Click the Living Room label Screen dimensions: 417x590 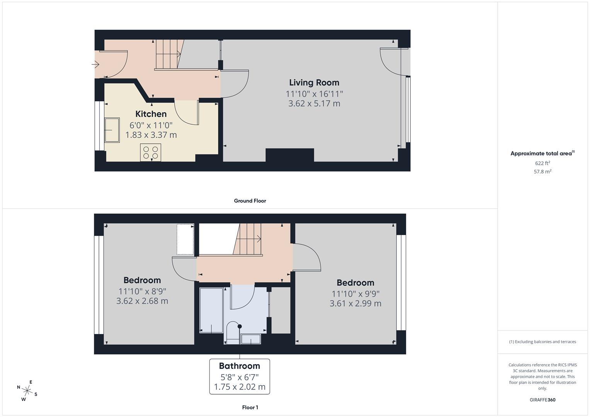pos(314,83)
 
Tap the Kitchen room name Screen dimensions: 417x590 pos(151,114)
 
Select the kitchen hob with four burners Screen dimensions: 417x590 pos(151,152)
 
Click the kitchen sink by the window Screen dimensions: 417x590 pos(112,130)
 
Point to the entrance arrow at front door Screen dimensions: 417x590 pos(95,64)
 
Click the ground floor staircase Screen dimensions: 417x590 pos(168,54)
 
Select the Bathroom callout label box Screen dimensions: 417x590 pos(240,376)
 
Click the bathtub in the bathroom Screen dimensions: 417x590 pos(211,310)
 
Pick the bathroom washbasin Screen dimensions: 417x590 pos(251,339)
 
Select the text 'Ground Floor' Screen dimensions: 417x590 pos(250,201)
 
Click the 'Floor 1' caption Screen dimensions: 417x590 pos(250,407)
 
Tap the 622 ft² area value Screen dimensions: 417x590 pos(542,163)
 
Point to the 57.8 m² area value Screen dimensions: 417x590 pos(542,172)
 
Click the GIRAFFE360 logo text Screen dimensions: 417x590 pos(542,400)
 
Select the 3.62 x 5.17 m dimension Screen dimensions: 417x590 pos(314,103)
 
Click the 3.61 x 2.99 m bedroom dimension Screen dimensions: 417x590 pos(355,303)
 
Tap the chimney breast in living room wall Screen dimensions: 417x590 pos(290,155)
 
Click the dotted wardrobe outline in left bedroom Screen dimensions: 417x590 pos(185,239)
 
